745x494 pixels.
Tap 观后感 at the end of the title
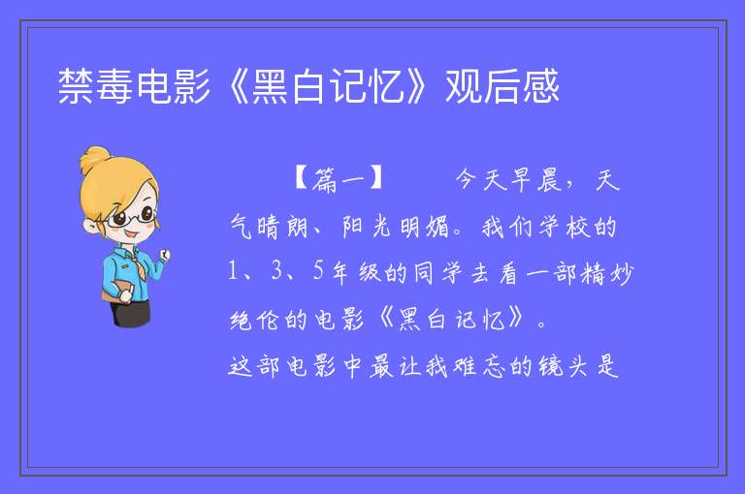(x=502, y=86)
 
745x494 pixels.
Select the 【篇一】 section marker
(x=338, y=179)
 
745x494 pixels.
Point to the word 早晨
(x=536, y=180)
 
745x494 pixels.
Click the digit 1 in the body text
(x=233, y=271)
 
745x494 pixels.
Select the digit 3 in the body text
(x=276, y=271)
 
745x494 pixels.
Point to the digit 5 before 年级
(x=318, y=271)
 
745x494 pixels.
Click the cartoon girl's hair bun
(x=95, y=160)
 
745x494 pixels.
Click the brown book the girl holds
(x=114, y=292)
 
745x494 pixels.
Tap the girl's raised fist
(x=164, y=255)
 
